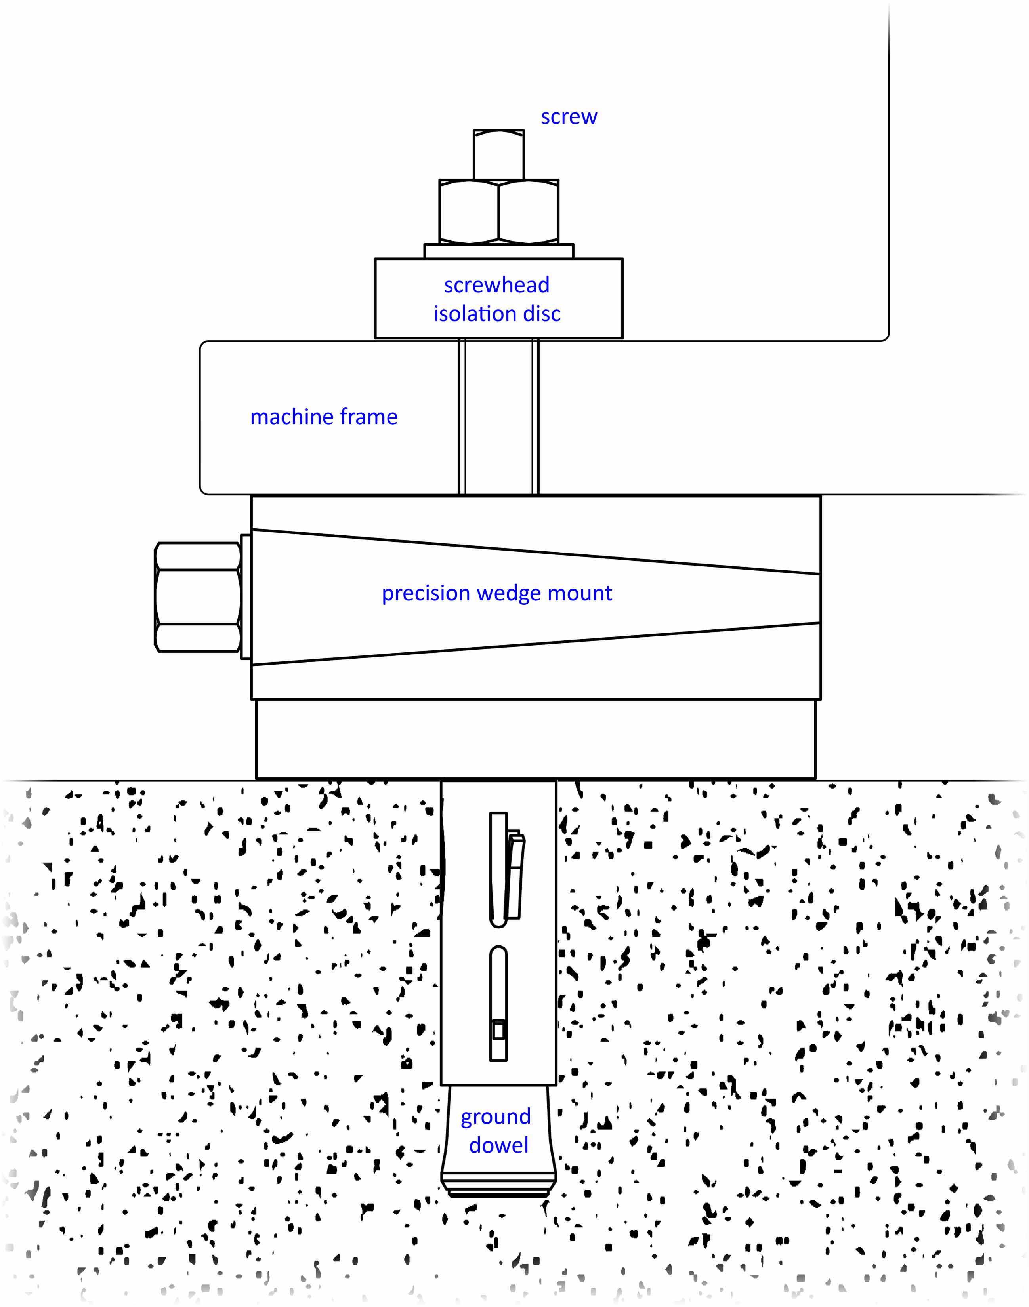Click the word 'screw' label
click(569, 117)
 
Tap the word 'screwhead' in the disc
click(496, 285)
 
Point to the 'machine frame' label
click(324, 417)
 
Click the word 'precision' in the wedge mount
click(425, 593)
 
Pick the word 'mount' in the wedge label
click(580, 593)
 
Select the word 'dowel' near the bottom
click(498, 1145)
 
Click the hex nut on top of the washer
click(499, 212)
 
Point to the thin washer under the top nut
click(499, 251)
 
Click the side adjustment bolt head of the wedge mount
click(198, 596)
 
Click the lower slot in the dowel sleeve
click(498, 1003)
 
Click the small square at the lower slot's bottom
click(498, 1031)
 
